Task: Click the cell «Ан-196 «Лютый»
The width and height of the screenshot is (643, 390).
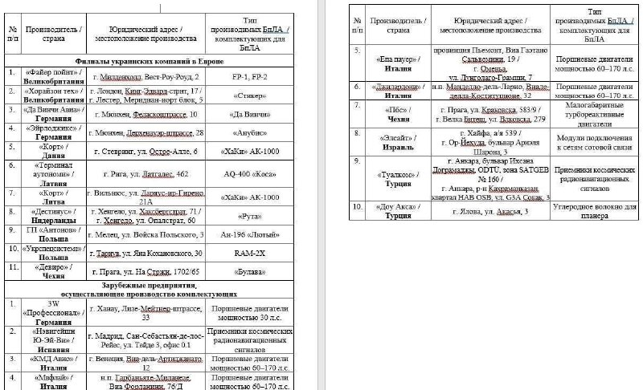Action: (x=249, y=234)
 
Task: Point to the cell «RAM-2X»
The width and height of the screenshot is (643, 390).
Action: (x=249, y=254)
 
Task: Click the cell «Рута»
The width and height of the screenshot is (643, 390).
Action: (x=249, y=215)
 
